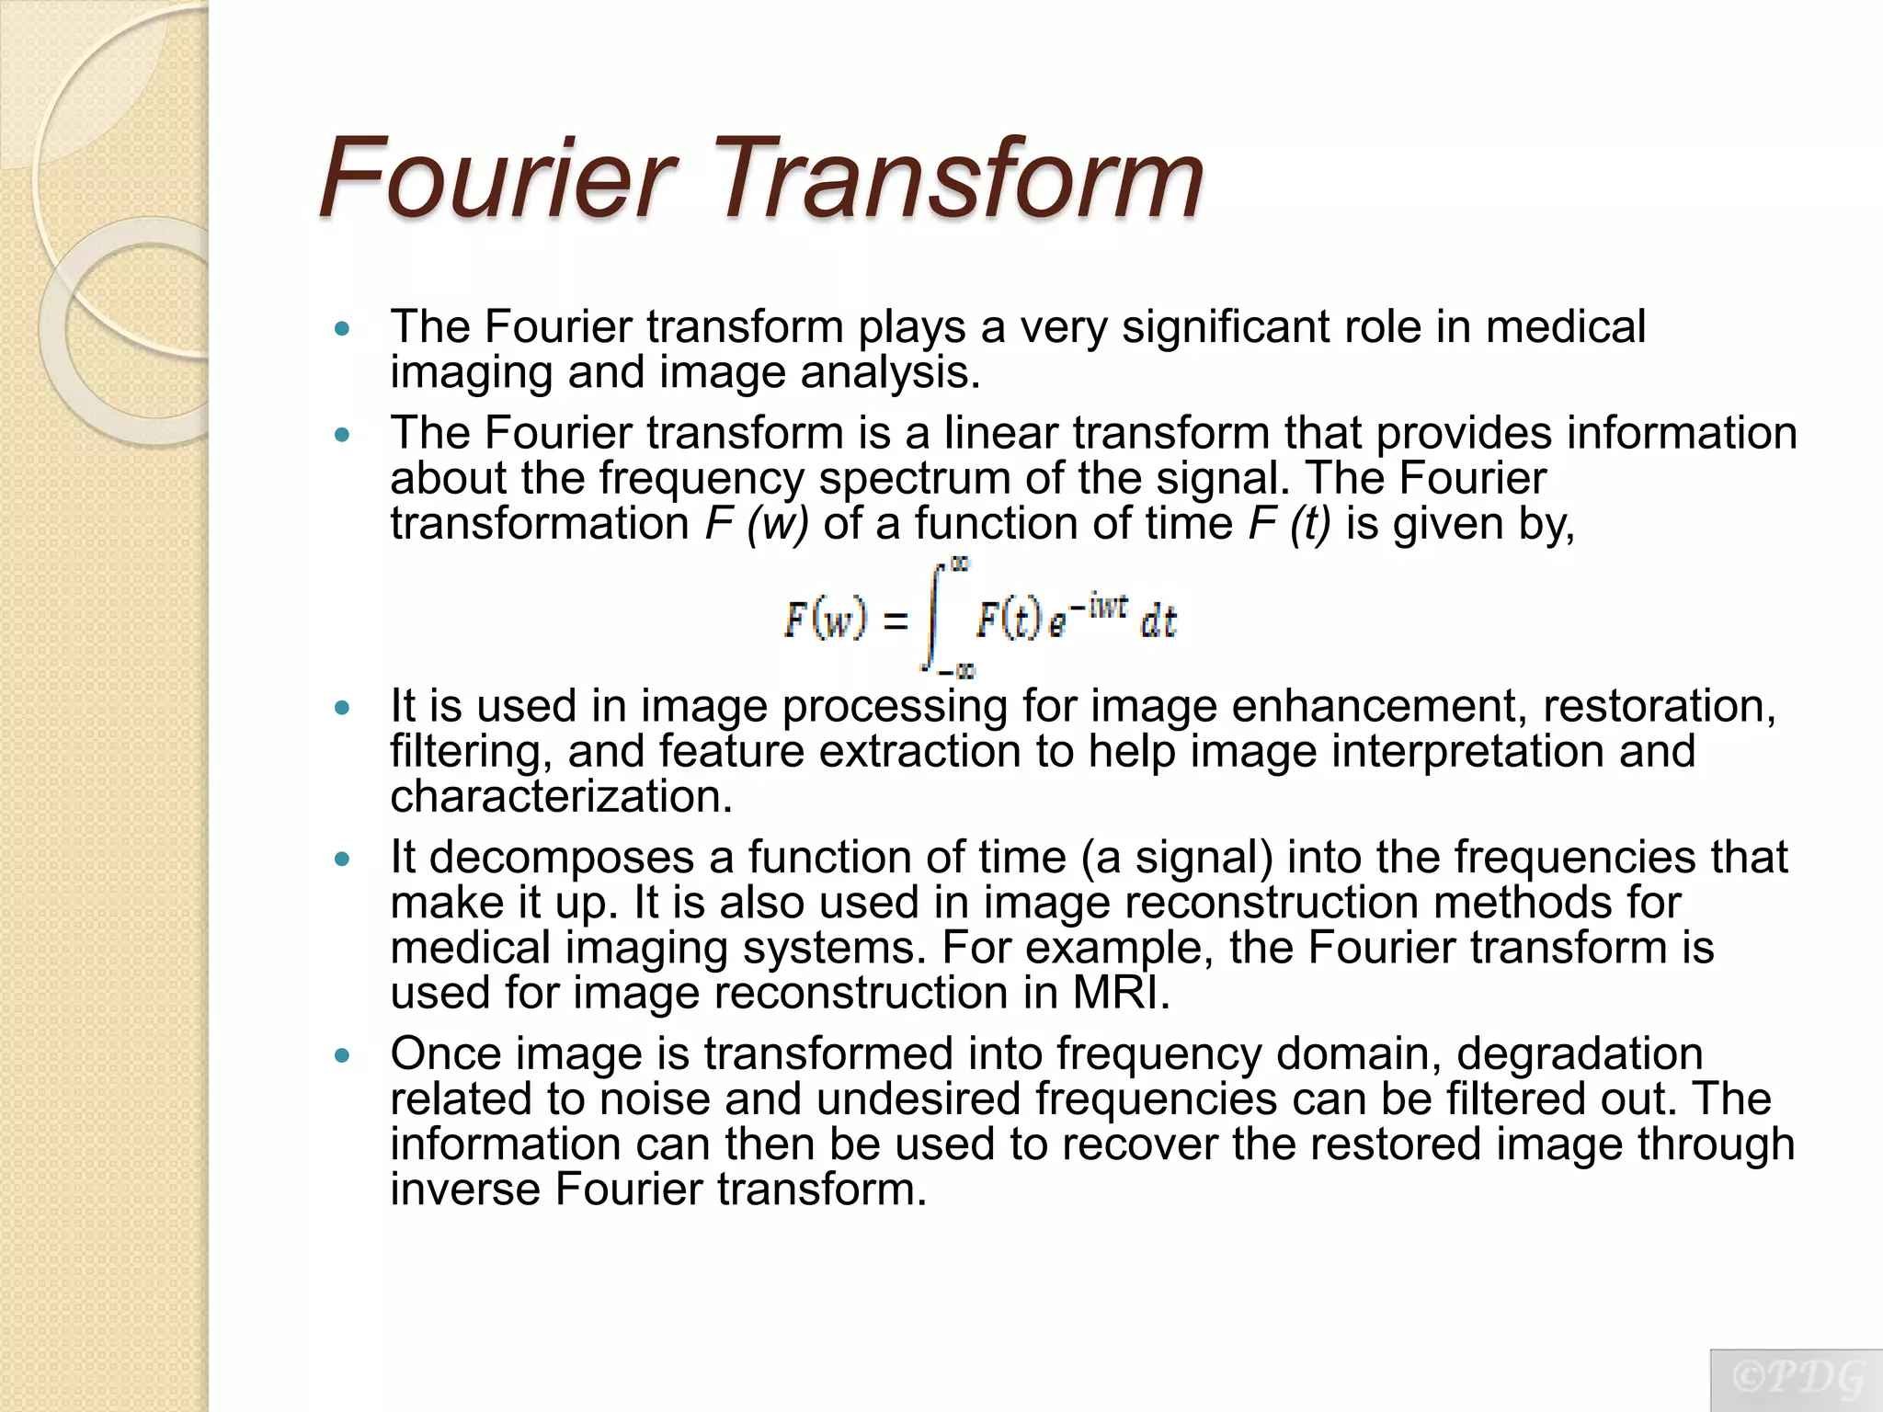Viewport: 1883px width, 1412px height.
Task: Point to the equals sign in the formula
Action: coord(895,621)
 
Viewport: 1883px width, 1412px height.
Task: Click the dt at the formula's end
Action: coord(1158,622)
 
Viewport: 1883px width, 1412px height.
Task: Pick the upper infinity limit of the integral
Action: coord(959,565)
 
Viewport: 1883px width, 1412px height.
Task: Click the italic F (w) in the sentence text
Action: coord(757,524)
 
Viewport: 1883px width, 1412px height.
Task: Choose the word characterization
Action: coord(561,796)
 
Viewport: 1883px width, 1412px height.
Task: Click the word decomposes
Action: coord(562,858)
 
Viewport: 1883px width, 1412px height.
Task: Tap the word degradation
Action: coord(1580,1053)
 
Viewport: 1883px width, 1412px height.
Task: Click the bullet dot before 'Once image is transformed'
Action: coord(343,1056)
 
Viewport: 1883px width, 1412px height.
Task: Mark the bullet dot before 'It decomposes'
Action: coord(343,860)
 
